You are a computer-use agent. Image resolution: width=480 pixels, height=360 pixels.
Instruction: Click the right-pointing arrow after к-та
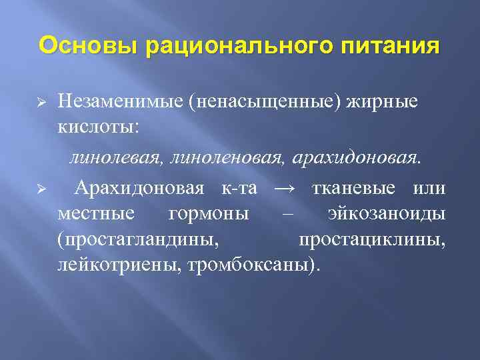click(x=284, y=188)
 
